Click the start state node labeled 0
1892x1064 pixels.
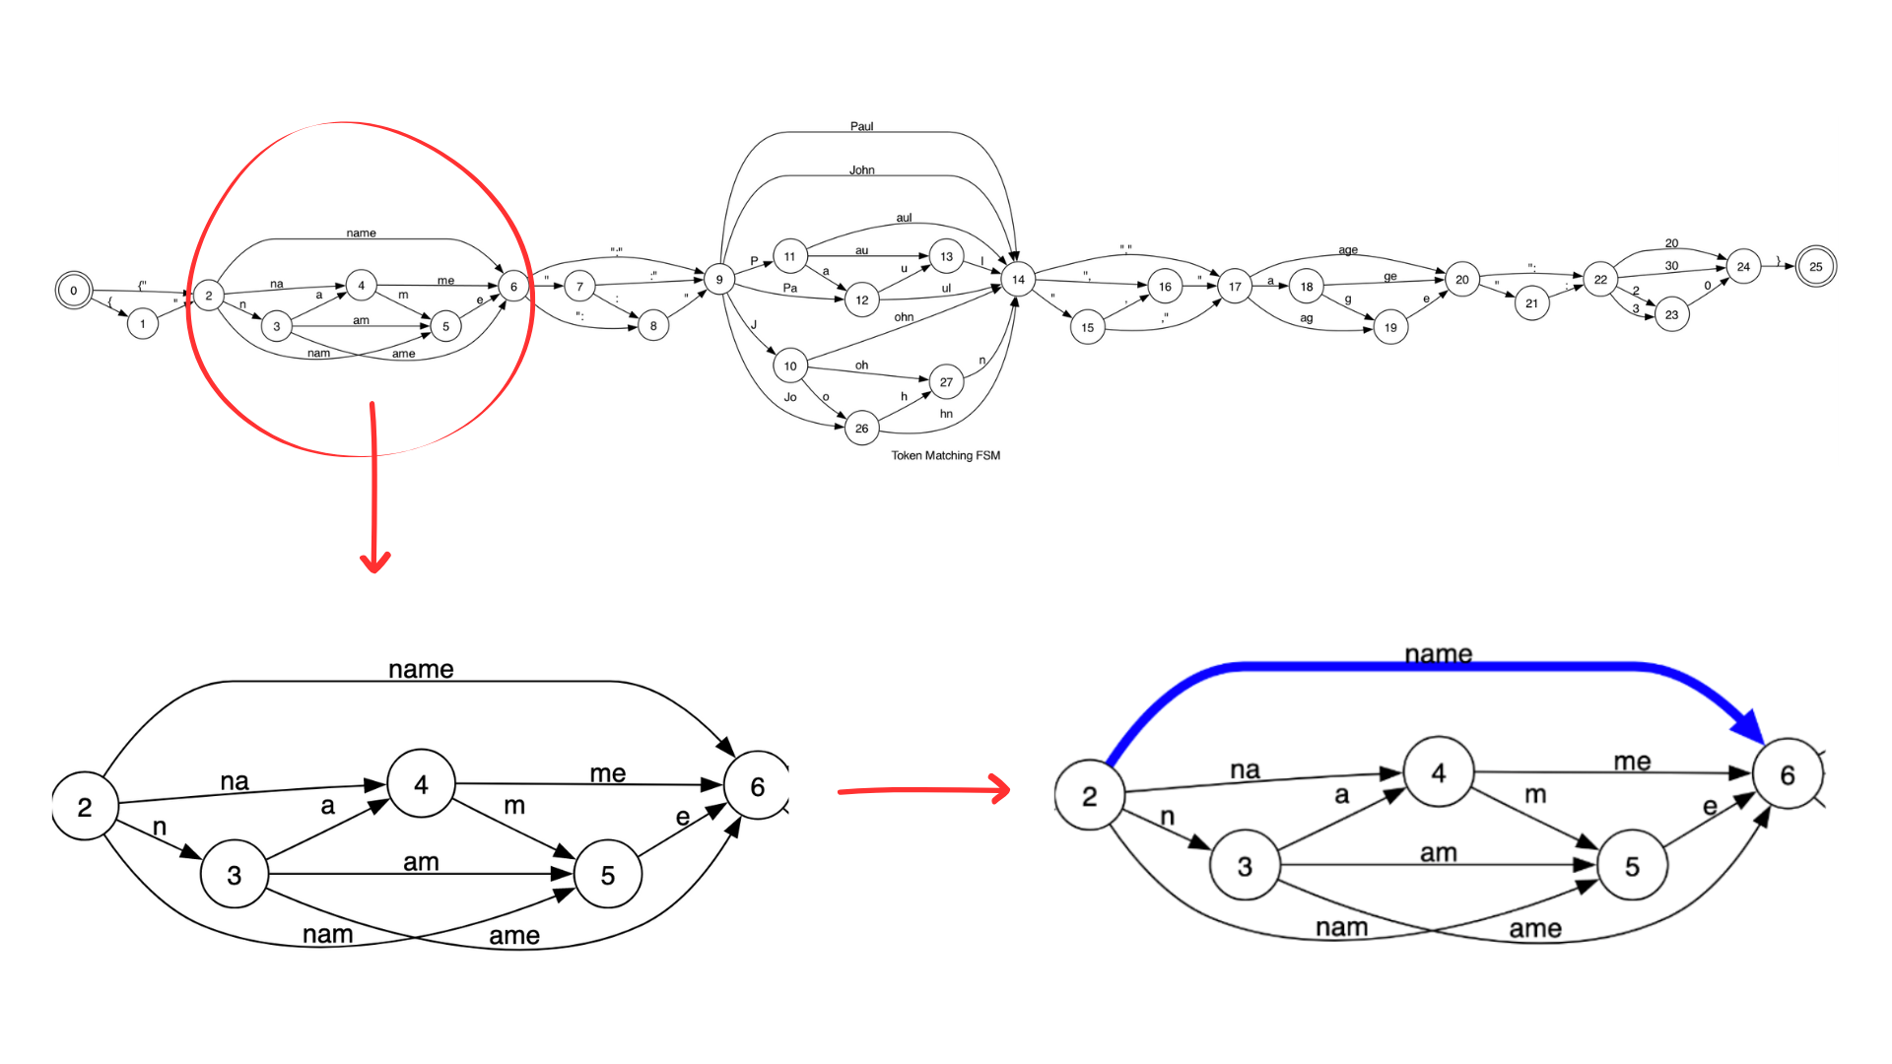point(73,291)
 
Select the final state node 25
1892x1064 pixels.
point(1815,267)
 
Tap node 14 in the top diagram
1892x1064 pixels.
point(1018,280)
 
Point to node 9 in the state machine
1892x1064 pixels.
point(719,280)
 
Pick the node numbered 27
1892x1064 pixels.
point(946,382)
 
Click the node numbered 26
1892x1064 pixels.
point(861,429)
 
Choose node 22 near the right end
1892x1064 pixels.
point(1600,280)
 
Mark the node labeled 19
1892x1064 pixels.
point(1390,328)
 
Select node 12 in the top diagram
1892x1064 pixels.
point(861,300)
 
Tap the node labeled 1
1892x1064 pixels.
point(143,324)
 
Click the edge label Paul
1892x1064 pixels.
point(861,126)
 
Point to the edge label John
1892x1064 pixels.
point(861,170)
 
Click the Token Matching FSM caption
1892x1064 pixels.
point(945,455)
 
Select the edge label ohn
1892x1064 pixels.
point(904,317)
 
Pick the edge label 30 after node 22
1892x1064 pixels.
point(1671,266)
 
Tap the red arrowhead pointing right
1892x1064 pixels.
point(1000,789)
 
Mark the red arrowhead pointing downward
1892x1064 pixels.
point(374,563)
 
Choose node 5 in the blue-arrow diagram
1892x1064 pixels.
point(1632,866)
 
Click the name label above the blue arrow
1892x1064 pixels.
point(1438,654)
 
